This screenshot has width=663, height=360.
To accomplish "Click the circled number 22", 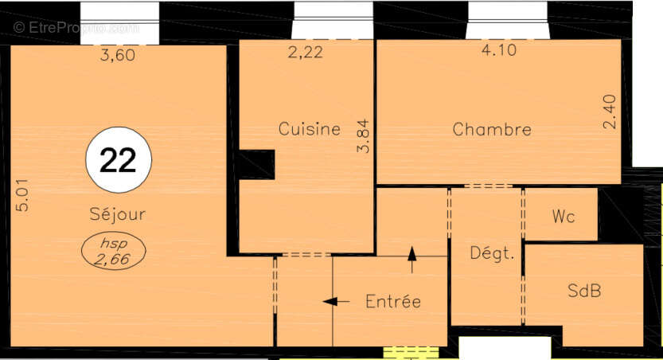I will pyautogui.click(x=119, y=160).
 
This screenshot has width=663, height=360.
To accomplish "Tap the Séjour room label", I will pyautogui.click(x=117, y=214).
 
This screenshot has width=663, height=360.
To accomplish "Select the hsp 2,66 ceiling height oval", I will pyautogui.click(x=114, y=252).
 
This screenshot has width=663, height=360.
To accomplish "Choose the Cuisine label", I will pyautogui.click(x=309, y=129).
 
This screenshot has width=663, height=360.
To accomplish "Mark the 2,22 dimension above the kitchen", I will pyautogui.click(x=304, y=54).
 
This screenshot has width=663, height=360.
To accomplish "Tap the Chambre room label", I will pyautogui.click(x=491, y=130).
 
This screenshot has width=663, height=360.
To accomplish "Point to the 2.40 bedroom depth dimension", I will pyautogui.click(x=609, y=112).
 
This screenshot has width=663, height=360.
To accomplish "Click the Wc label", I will pyautogui.click(x=563, y=217).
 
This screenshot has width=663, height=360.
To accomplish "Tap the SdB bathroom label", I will pyautogui.click(x=584, y=291).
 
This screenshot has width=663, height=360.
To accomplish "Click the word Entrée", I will pyautogui.click(x=392, y=301).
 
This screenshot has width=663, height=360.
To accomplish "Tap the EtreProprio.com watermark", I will pyautogui.click(x=76, y=28).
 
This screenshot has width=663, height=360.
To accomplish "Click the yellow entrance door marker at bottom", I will pyautogui.click(x=411, y=351).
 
